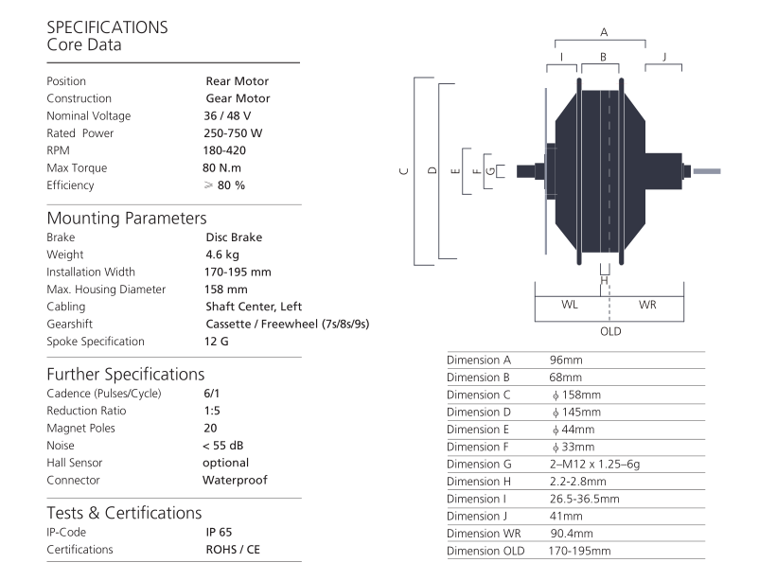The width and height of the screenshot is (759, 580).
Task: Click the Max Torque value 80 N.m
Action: click(221, 168)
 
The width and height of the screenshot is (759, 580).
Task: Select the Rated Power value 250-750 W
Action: click(233, 133)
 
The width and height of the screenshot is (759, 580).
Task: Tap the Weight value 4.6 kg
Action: click(222, 255)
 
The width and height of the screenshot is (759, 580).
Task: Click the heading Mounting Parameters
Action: click(127, 219)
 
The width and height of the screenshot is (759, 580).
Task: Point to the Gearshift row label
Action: click(70, 324)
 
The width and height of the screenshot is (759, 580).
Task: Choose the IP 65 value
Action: click(219, 532)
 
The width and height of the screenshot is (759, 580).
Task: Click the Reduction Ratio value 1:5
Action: click(212, 411)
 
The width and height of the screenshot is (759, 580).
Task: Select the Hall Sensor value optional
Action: click(225, 463)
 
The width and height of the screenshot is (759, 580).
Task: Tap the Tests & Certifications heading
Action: click(124, 513)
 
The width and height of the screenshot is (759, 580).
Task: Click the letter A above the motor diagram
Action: click(604, 32)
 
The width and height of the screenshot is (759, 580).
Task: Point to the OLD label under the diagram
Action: click(610, 332)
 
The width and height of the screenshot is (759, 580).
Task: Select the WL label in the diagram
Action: click(570, 305)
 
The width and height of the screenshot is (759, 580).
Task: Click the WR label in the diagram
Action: click(647, 305)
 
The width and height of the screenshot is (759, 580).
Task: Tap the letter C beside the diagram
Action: click(405, 171)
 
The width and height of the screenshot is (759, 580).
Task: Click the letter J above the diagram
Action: click(664, 57)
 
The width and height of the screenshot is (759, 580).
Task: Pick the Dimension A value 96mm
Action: click(566, 360)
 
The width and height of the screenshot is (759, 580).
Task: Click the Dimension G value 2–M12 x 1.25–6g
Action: click(594, 465)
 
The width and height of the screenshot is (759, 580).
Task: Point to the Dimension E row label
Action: click(478, 430)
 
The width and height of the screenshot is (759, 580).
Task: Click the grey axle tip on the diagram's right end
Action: click(707, 171)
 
